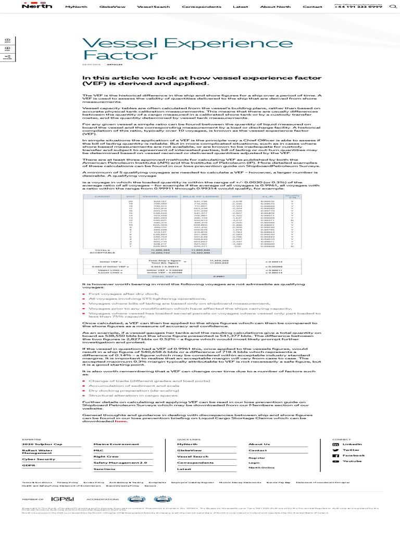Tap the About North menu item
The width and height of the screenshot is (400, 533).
click(x=275, y=7)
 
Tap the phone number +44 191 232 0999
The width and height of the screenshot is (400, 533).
click(x=358, y=7)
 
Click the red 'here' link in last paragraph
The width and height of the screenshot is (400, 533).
click(x=121, y=421)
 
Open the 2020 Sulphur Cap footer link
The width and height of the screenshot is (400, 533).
click(x=34, y=444)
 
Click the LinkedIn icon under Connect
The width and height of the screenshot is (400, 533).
click(x=336, y=445)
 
